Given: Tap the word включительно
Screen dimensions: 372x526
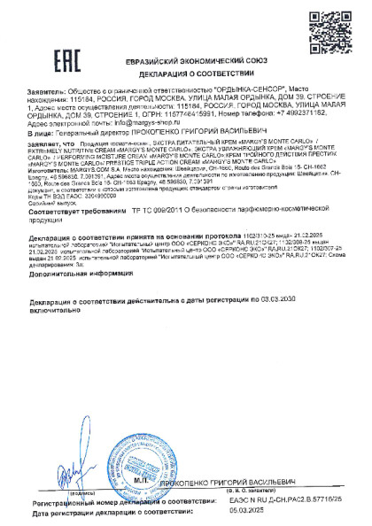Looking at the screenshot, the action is pos(54,311).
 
